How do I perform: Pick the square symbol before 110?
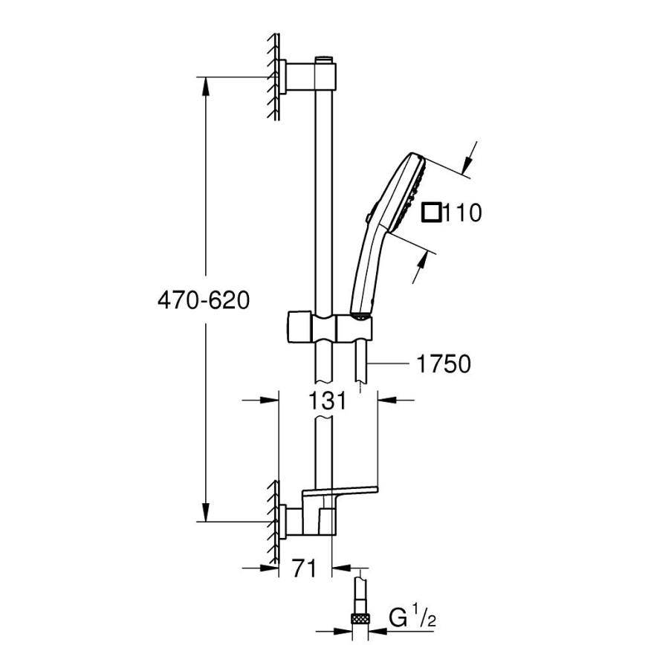[x=431, y=213]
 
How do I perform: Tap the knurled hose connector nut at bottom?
[x=360, y=617]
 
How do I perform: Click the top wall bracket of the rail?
[x=308, y=77]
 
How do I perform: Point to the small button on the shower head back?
[x=369, y=217]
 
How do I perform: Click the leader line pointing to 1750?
[x=390, y=364]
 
